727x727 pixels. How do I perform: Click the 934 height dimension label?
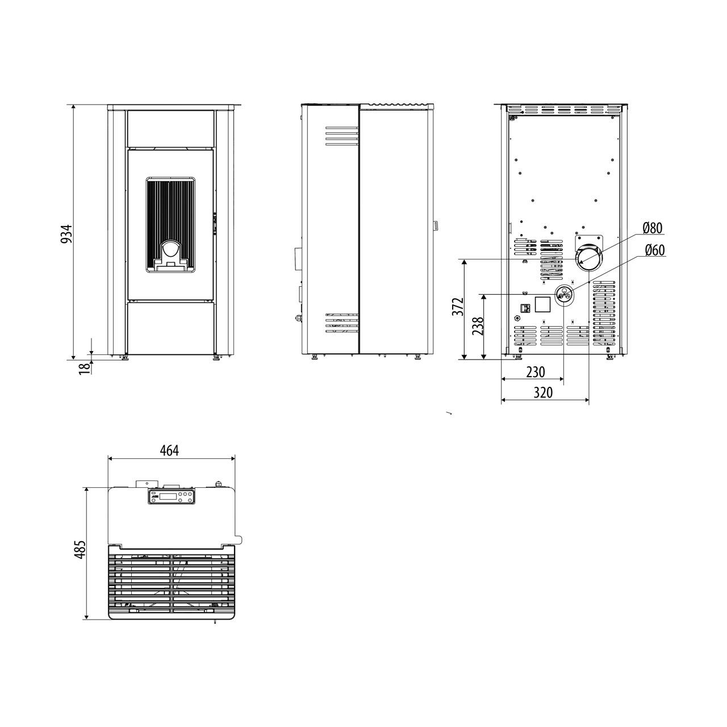click(x=66, y=233)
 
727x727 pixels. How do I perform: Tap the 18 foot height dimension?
click(x=85, y=367)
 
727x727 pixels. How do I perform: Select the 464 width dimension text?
click(x=169, y=450)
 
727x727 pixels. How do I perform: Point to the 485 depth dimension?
click(x=80, y=550)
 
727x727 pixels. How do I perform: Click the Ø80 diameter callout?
click(x=653, y=228)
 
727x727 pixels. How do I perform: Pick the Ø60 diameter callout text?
click(x=654, y=250)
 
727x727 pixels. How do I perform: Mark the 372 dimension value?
click(x=458, y=307)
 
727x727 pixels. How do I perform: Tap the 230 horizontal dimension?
click(x=536, y=372)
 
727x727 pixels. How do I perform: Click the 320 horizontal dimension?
click(x=543, y=392)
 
